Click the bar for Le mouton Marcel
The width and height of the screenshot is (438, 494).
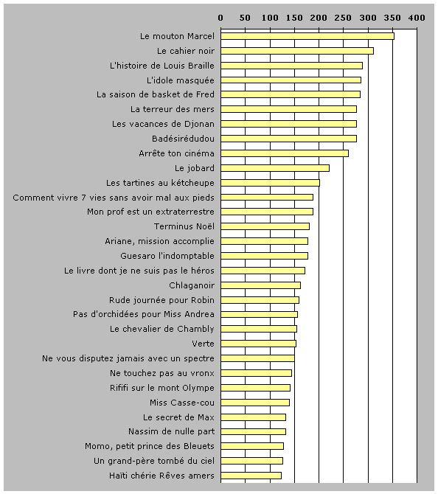point(307,36)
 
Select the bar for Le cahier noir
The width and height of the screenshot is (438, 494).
point(297,51)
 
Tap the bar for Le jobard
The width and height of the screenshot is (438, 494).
point(275,168)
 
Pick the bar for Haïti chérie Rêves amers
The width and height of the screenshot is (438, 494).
point(251,476)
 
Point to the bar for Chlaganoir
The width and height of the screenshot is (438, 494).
point(260,285)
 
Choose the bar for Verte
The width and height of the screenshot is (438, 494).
point(258,344)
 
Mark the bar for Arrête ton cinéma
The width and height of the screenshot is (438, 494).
point(285,153)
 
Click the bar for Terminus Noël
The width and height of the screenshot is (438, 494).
point(265,226)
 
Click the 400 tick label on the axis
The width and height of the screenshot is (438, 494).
point(417,18)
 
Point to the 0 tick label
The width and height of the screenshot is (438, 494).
point(220,18)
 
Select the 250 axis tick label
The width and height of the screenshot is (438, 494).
point(343,18)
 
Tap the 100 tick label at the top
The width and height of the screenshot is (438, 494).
point(270,18)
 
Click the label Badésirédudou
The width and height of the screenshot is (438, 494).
point(183,139)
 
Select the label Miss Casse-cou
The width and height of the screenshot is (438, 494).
point(182,403)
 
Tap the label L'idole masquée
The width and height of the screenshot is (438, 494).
point(181,80)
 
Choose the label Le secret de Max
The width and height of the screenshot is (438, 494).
point(178,417)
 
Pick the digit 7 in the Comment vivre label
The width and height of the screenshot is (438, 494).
point(83,198)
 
